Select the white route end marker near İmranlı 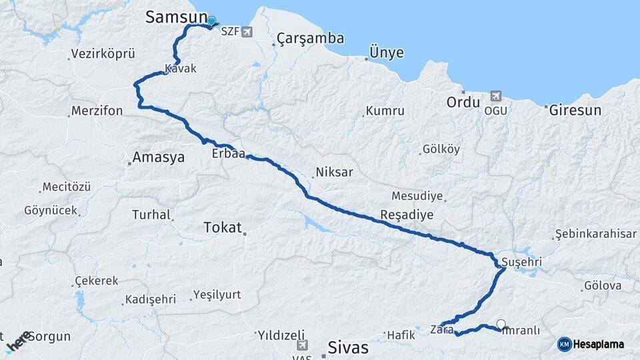[501, 325]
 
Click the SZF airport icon [248, 32]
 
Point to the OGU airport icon [495, 97]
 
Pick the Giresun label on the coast [575, 111]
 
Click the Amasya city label [159, 158]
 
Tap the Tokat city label [222, 227]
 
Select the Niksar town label [334, 172]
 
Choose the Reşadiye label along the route [406, 215]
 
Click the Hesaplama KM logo [591, 344]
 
